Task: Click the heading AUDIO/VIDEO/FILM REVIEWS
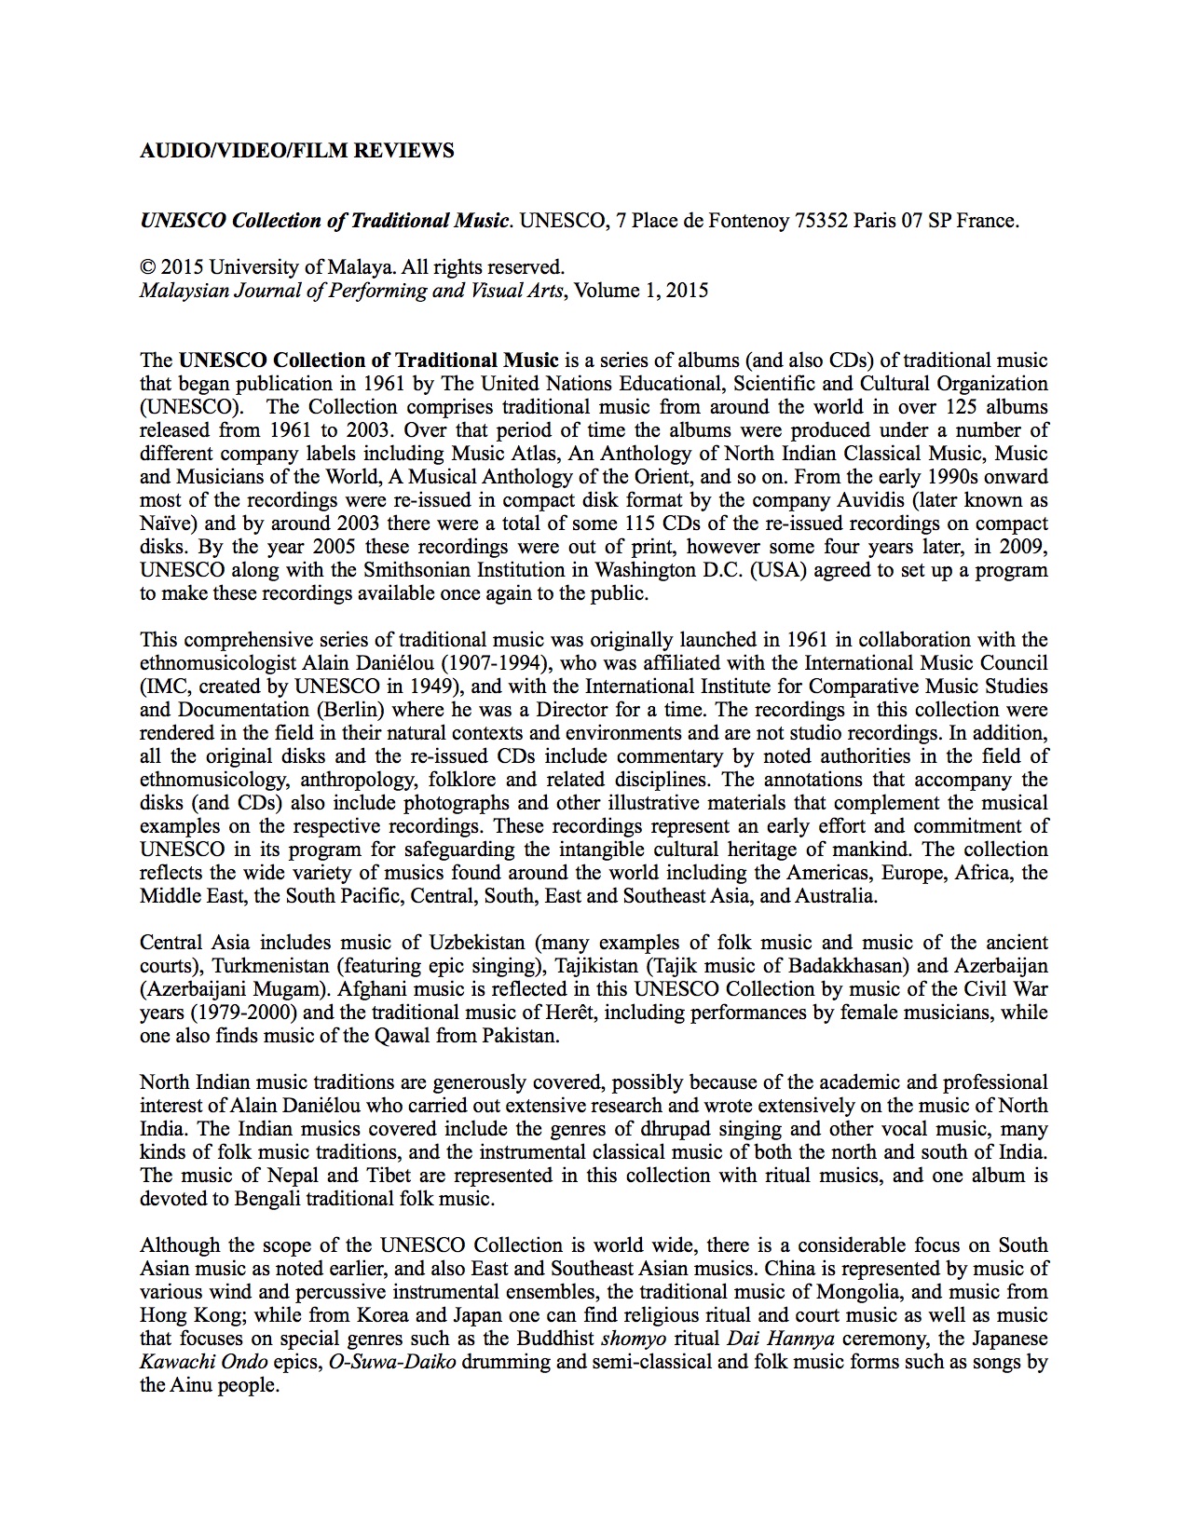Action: pyautogui.click(x=296, y=151)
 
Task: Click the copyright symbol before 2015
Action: pyautogui.click(x=146, y=268)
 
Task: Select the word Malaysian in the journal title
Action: pyautogui.click(x=180, y=291)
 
